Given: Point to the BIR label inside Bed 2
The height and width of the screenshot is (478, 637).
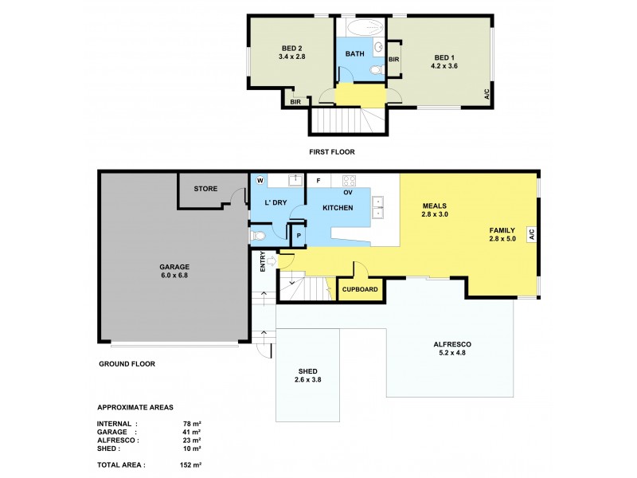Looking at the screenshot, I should click(295, 102).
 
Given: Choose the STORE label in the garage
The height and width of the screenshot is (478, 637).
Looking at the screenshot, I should click(205, 189).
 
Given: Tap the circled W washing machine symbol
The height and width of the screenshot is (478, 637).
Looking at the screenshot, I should click(260, 180).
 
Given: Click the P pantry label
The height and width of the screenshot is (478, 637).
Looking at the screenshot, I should click(299, 236).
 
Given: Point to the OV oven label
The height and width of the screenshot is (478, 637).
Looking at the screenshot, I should click(347, 192).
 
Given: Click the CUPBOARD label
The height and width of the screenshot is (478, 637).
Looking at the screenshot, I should click(360, 289).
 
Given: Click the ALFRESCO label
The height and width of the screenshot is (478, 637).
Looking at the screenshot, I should click(451, 344).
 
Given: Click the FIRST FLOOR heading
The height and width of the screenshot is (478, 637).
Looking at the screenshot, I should click(332, 151).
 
